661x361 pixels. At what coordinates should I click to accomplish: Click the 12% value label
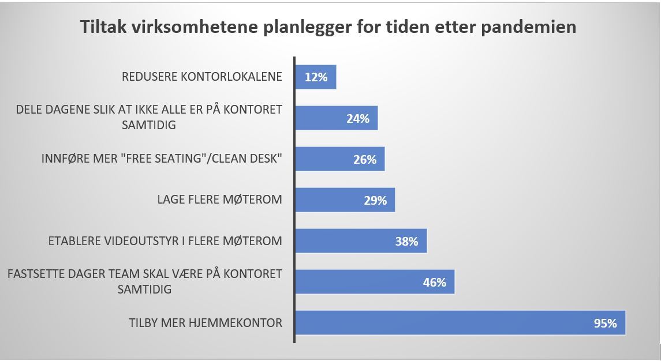coord(316,77)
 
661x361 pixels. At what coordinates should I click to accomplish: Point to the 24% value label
coord(358,118)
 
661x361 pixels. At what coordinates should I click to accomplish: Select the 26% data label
coord(365,159)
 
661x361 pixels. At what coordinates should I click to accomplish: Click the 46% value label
coord(434,282)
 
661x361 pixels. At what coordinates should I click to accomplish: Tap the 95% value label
coord(605,323)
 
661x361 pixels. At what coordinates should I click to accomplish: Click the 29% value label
coord(375,200)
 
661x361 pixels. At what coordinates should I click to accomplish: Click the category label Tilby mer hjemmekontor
coord(206,323)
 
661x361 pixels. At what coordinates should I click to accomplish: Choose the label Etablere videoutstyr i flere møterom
coord(165,241)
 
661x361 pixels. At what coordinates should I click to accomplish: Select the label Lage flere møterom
coord(219,200)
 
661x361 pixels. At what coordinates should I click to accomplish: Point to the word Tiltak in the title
coord(103,27)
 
